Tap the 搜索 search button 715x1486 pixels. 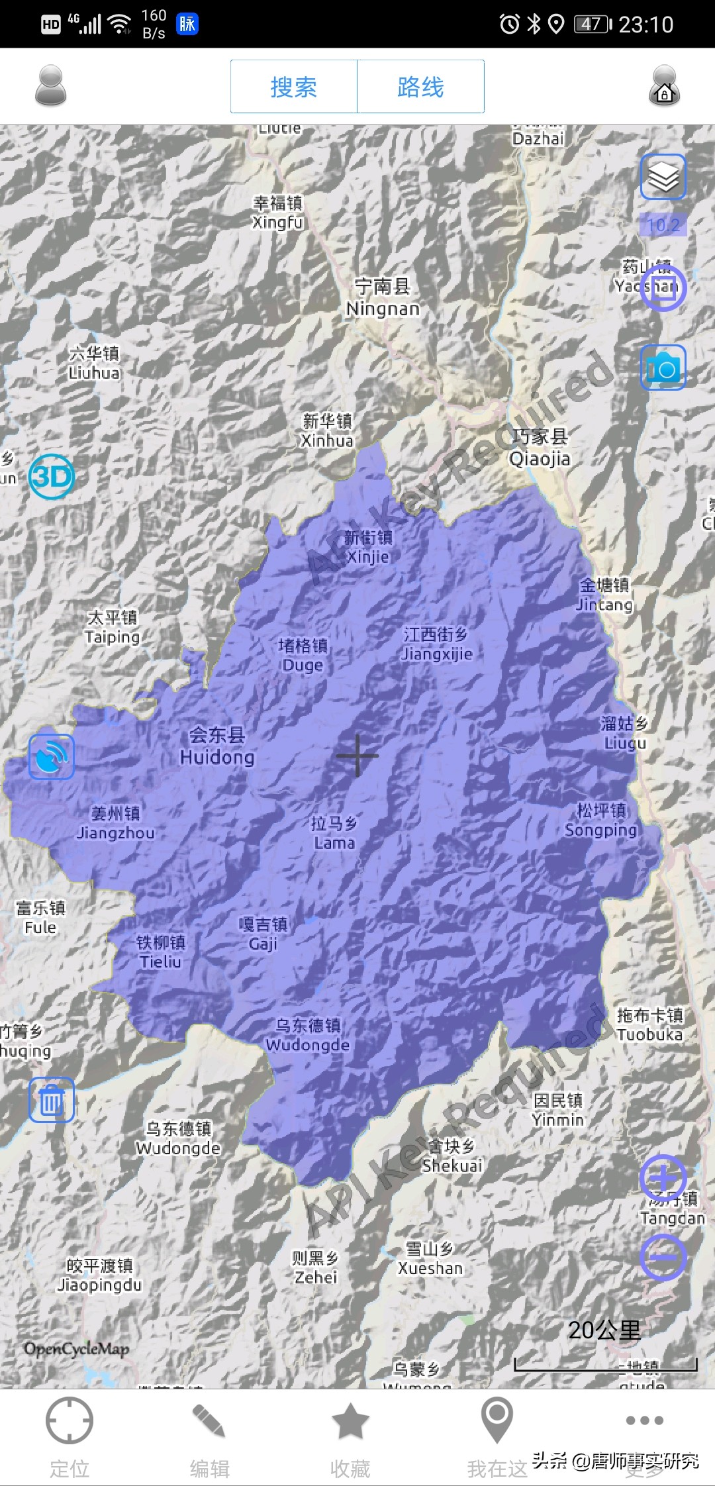pos(293,87)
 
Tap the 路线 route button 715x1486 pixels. pos(420,87)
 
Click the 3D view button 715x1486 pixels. pos(52,477)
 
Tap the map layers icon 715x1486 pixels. pos(663,177)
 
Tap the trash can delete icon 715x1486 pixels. pos(51,1100)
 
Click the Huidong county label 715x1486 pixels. pos(217,746)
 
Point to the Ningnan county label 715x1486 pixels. pos(383,297)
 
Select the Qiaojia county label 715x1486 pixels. pos(540,448)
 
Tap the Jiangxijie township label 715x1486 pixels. pos(436,644)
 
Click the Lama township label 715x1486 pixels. pos(334,833)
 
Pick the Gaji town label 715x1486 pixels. pos(263,934)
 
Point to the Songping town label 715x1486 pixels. pos(600,820)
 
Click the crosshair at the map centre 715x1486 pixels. pos(358,756)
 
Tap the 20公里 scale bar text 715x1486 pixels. pos(604,1329)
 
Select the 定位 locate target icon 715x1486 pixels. pos(69,1420)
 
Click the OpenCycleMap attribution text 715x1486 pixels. pos(77,1348)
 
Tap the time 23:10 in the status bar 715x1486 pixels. pos(645,25)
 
